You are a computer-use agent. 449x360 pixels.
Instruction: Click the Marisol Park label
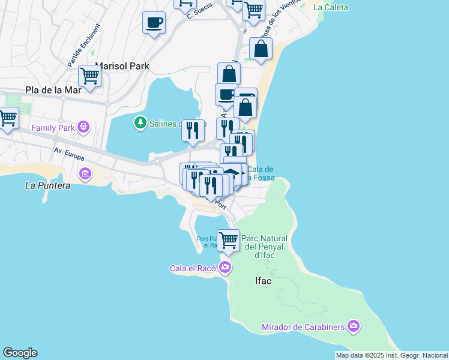click(x=122, y=66)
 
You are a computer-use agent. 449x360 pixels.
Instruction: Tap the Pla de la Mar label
click(x=53, y=90)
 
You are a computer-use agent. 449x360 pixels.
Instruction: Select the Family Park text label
click(x=53, y=128)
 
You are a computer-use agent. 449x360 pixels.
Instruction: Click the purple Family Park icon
click(x=83, y=127)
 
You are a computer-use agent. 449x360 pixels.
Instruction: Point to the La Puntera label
click(x=47, y=185)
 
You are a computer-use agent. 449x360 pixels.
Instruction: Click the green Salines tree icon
click(x=140, y=123)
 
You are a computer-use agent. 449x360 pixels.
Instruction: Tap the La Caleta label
click(x=331, y=7)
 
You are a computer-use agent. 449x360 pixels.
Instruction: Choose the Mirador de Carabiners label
click(x=303, y=327)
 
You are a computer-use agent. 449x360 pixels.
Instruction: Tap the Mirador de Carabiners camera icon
click(x=354, y=326)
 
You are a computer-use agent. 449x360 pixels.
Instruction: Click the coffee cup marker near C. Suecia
click(x=154, y=23)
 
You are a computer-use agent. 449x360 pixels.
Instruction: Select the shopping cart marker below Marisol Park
click(x=89, y=77)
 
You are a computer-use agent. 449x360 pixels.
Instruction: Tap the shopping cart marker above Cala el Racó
click(x=228, y=240)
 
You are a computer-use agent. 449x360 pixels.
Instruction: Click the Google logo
click(x=20, y=353)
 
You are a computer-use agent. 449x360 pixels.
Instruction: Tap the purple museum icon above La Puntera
click(x=85, y=174)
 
